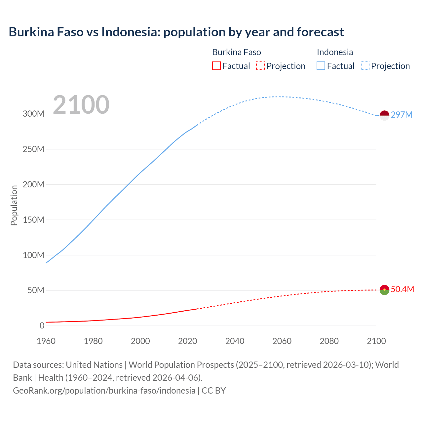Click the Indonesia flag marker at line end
[384, 115]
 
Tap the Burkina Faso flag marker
[384, 290]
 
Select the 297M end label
[402, 115]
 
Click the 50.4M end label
[402, 289]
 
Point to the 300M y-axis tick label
[33, 114]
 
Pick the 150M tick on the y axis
[33, 220]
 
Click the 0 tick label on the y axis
[42, 326]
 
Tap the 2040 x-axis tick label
[235, 341]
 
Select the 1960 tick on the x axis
[46, 341]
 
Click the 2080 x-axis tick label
[329, 341]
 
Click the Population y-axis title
[14, 205]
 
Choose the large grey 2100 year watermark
[81, 105]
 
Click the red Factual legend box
[216, 66]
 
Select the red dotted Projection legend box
[260, 66]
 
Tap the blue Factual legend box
[321, 66]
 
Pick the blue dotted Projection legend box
[365, 66]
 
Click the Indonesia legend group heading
[335, 52]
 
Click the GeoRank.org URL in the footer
[104, 390]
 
